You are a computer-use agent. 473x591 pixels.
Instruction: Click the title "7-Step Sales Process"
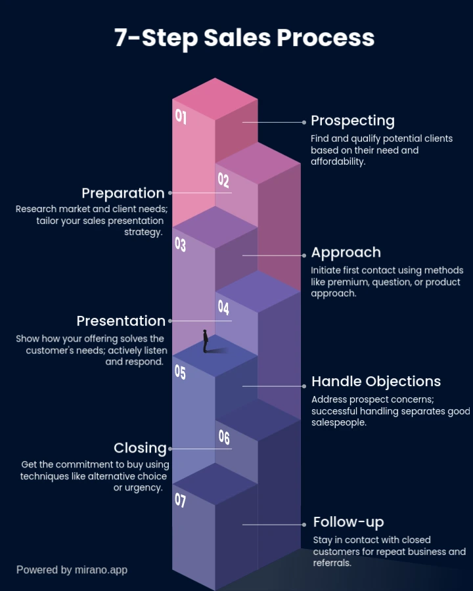click(244, 37)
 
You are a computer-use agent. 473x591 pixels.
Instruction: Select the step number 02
click(223, 180)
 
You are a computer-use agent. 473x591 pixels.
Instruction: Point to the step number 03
click(180, 244)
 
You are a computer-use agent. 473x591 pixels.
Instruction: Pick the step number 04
click(223, 307)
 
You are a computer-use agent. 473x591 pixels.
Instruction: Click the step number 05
click(180, 372)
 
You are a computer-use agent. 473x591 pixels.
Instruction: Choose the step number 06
click(224, 437)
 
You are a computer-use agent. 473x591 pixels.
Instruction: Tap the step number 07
click(180, 500)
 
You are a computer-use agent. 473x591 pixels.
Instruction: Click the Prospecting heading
click(353, 121)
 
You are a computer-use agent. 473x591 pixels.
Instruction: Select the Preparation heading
click(123, 193)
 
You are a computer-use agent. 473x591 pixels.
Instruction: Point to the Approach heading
click(346, 253)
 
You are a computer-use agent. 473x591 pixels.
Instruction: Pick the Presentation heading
click(121, 320)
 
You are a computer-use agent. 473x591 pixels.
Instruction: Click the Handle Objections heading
click(376, 382)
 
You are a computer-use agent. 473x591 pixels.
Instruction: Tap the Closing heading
click(140, 448)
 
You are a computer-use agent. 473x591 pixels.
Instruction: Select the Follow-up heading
click(349, 523)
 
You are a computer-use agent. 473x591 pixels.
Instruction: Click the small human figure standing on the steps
click(206, 341)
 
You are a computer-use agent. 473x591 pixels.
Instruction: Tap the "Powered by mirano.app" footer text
click(72, 570)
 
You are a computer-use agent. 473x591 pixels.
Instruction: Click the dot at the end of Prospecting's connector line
click(304, 122)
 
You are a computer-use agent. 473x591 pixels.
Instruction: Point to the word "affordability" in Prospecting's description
click(337, 162)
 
